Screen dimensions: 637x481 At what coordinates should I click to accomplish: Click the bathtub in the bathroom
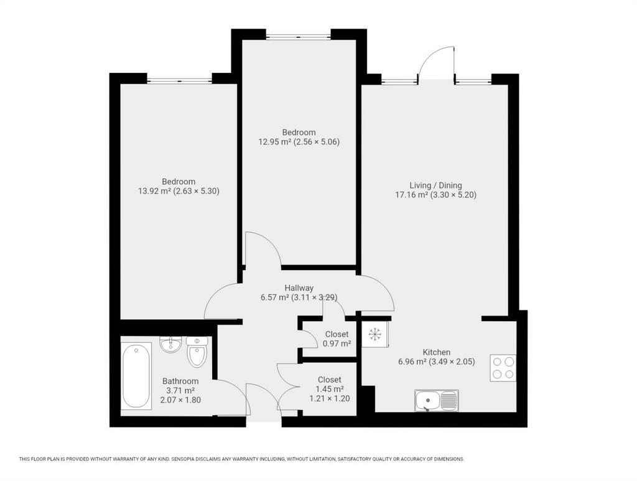point(136,376)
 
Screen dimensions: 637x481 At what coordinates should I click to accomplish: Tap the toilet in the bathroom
point(197,352)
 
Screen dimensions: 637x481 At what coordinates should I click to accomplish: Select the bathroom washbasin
point(170,345)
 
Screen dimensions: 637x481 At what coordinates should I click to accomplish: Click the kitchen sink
point(437,400)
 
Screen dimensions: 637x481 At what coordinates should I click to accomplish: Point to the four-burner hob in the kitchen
point(503,368)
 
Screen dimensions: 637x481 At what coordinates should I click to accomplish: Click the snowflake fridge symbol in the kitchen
point(374,334)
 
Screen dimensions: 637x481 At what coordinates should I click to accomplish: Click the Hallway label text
point(299,287)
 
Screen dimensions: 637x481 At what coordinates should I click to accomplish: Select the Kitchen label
point(437,352)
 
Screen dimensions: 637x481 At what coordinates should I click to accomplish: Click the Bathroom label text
point(180,381)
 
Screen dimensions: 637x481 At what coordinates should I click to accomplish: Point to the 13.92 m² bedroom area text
point(154,191)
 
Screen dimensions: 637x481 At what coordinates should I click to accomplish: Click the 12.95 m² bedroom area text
point(274,142)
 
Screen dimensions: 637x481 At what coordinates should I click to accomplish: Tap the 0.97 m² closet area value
point(337,343)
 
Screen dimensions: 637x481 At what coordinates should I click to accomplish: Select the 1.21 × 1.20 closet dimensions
point(330,398)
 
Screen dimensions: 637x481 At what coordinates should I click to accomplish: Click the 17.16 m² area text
point(412,195)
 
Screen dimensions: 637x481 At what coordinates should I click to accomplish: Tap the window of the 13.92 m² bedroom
point(179,81)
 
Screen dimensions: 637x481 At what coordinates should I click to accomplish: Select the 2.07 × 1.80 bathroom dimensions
point(180,399)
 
